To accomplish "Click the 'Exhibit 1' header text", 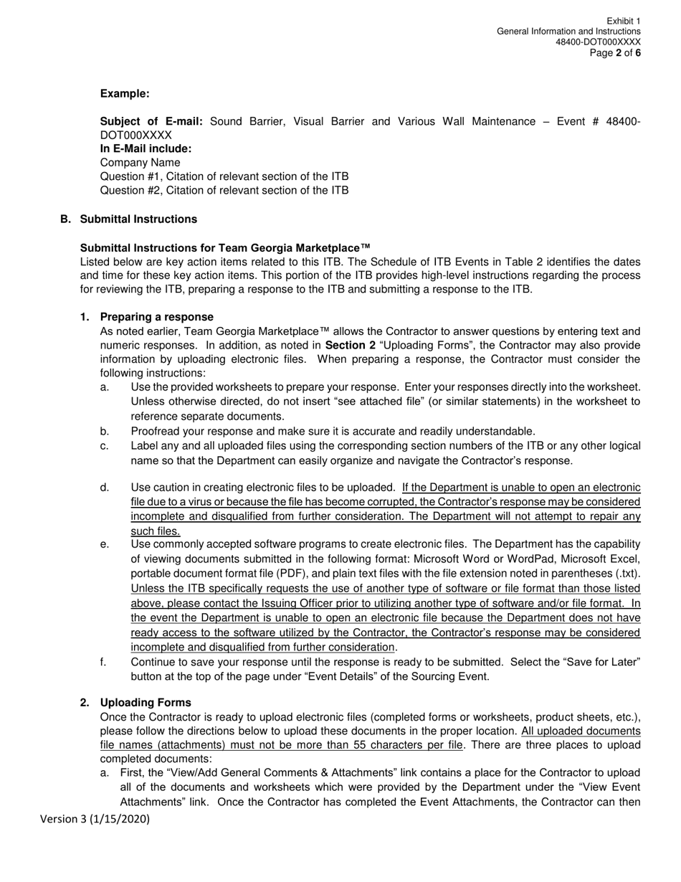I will (623, 22).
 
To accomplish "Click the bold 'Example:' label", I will (125, 94).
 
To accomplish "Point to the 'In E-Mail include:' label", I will (146, 148).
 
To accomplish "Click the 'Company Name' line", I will (140, 163).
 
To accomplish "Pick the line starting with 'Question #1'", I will (224, 176).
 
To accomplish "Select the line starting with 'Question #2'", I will (224, 190).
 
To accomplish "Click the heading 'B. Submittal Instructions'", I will (128, 219).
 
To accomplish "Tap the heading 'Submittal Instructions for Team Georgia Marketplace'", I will (225, 247).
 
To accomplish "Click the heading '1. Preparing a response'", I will (147, 317).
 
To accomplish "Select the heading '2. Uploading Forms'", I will (135, 702).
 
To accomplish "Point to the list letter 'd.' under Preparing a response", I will (105, 488).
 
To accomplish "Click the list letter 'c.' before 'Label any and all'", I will (105, 446).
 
